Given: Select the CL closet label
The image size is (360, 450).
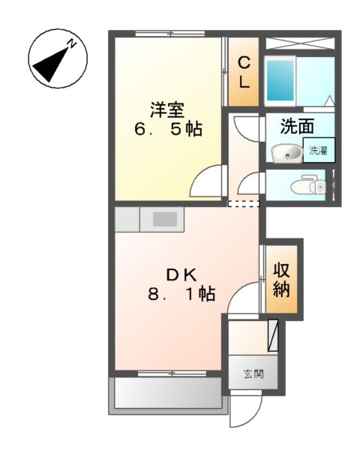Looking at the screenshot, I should coord(244,72).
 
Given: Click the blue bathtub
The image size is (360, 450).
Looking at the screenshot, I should coord(281,82).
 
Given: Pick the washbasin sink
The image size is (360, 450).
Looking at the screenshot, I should coord(286,154).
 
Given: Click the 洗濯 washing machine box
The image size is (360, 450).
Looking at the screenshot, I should coord(318,150).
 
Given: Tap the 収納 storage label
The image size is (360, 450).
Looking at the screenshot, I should coord(282,279).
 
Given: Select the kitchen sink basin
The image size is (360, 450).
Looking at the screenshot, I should coord(166,219).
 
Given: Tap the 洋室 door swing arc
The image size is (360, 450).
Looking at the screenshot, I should coord(207,181).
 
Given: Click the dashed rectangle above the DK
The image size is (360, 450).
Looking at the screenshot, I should coord(244,203).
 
